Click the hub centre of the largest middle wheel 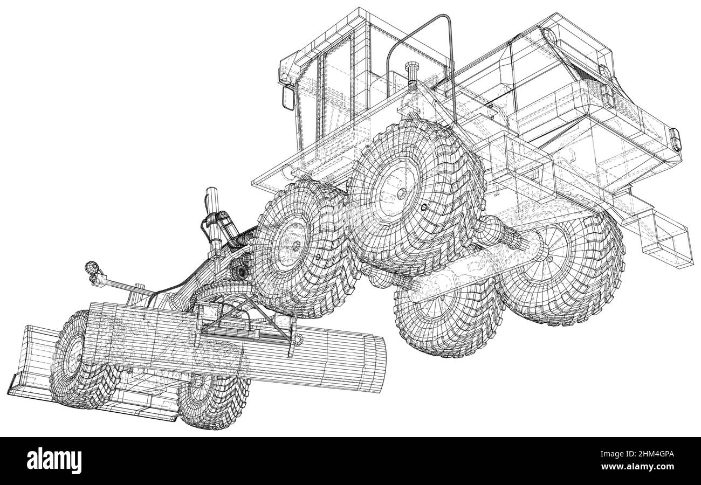[x=401, y=193]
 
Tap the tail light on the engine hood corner [x=674, y=137]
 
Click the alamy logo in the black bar [x=54, y=461]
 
